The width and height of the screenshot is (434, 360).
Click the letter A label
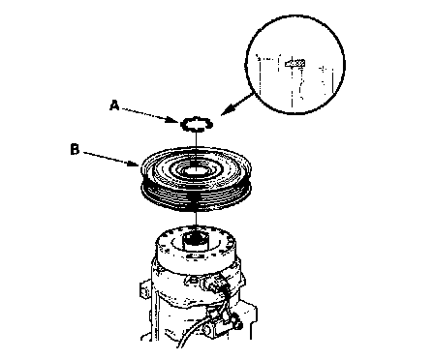point(114,105)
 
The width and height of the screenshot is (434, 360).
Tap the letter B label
point(75,150)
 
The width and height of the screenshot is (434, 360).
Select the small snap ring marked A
point(197,124)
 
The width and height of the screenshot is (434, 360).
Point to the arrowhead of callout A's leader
point(176,121)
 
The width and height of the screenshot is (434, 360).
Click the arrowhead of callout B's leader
point(138,164)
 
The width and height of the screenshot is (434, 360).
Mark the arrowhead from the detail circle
point(228,110)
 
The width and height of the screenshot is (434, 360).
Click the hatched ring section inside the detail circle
point(294,63)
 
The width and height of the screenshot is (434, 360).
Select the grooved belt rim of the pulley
point(196,196)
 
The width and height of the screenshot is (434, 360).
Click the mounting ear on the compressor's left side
point(145,288)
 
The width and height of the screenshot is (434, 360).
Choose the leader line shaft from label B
point(108,158)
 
